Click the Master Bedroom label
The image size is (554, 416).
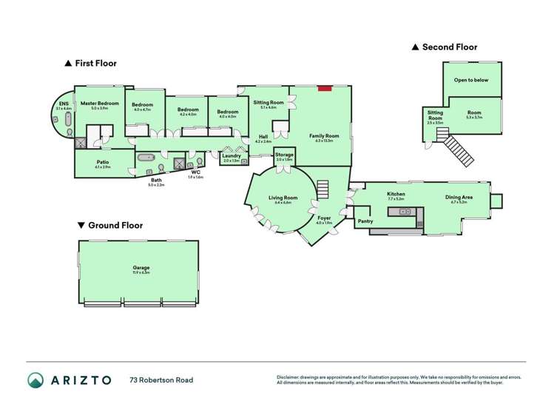[x=99, y=104]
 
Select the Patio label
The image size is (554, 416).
[x=102, y=162]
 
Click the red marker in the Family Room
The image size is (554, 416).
[x=323, y=89]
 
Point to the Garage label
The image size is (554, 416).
[x=141, y=268]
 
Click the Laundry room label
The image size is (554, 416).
[x=232, y=155]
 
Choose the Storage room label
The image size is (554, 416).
[x=284, y=155]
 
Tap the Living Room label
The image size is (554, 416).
[x=283, y=198]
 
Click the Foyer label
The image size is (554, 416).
[x=324, y=218]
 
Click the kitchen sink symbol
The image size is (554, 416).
[x=405, y=212]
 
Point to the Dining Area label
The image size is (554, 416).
[x=459, y=197]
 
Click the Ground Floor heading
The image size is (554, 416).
[x=115, y=225]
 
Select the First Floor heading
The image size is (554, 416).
[x=95, y=64]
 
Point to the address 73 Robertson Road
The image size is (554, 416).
[x=161, y=380]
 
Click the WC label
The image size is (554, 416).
[x=195, y=172]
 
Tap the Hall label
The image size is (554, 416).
[x=263, y=135]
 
